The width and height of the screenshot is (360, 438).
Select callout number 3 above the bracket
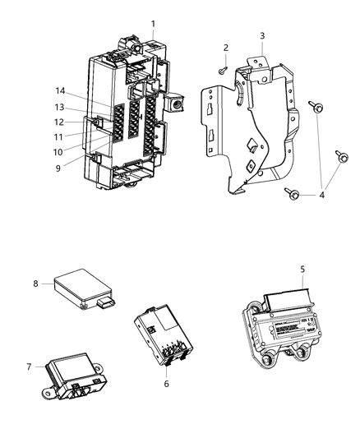pos(261,36)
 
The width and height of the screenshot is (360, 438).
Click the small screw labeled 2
pos(224,71)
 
